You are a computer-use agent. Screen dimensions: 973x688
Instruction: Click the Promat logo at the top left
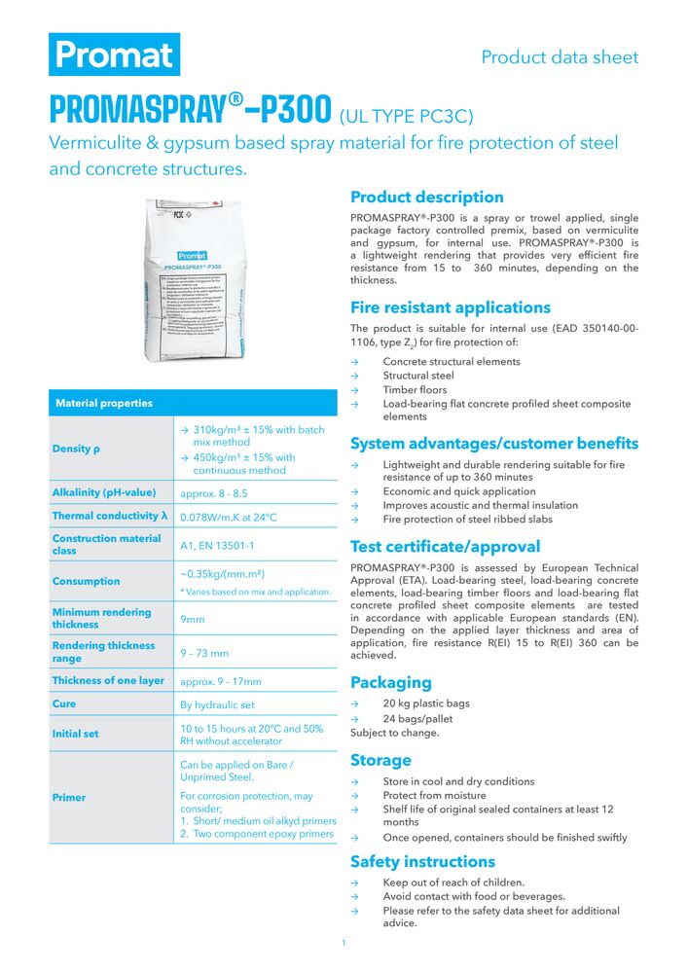point(115,54)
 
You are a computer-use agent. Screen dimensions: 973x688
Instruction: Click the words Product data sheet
point(560,56)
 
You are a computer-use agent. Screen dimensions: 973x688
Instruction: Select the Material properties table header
point(104,403)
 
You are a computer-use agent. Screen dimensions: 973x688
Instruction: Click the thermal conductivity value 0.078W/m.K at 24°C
point(229,517)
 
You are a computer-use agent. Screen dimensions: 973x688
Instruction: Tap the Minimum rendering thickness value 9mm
point(192,619)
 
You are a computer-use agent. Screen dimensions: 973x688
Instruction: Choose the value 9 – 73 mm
point(204,653)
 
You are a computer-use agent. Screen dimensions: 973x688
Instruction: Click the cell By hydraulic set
point(219,704)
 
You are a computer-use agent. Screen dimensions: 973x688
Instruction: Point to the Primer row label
point(69,798)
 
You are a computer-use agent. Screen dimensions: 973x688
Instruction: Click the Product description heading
point(427,198)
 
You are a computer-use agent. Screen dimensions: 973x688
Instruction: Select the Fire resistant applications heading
point(451,307)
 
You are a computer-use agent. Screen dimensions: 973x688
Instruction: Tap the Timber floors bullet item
point(415,389)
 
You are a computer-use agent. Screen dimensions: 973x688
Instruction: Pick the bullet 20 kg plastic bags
point(426,703)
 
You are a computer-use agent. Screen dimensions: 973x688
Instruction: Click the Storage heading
point(380,760)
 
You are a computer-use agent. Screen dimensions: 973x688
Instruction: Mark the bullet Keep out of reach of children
point(453,883)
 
